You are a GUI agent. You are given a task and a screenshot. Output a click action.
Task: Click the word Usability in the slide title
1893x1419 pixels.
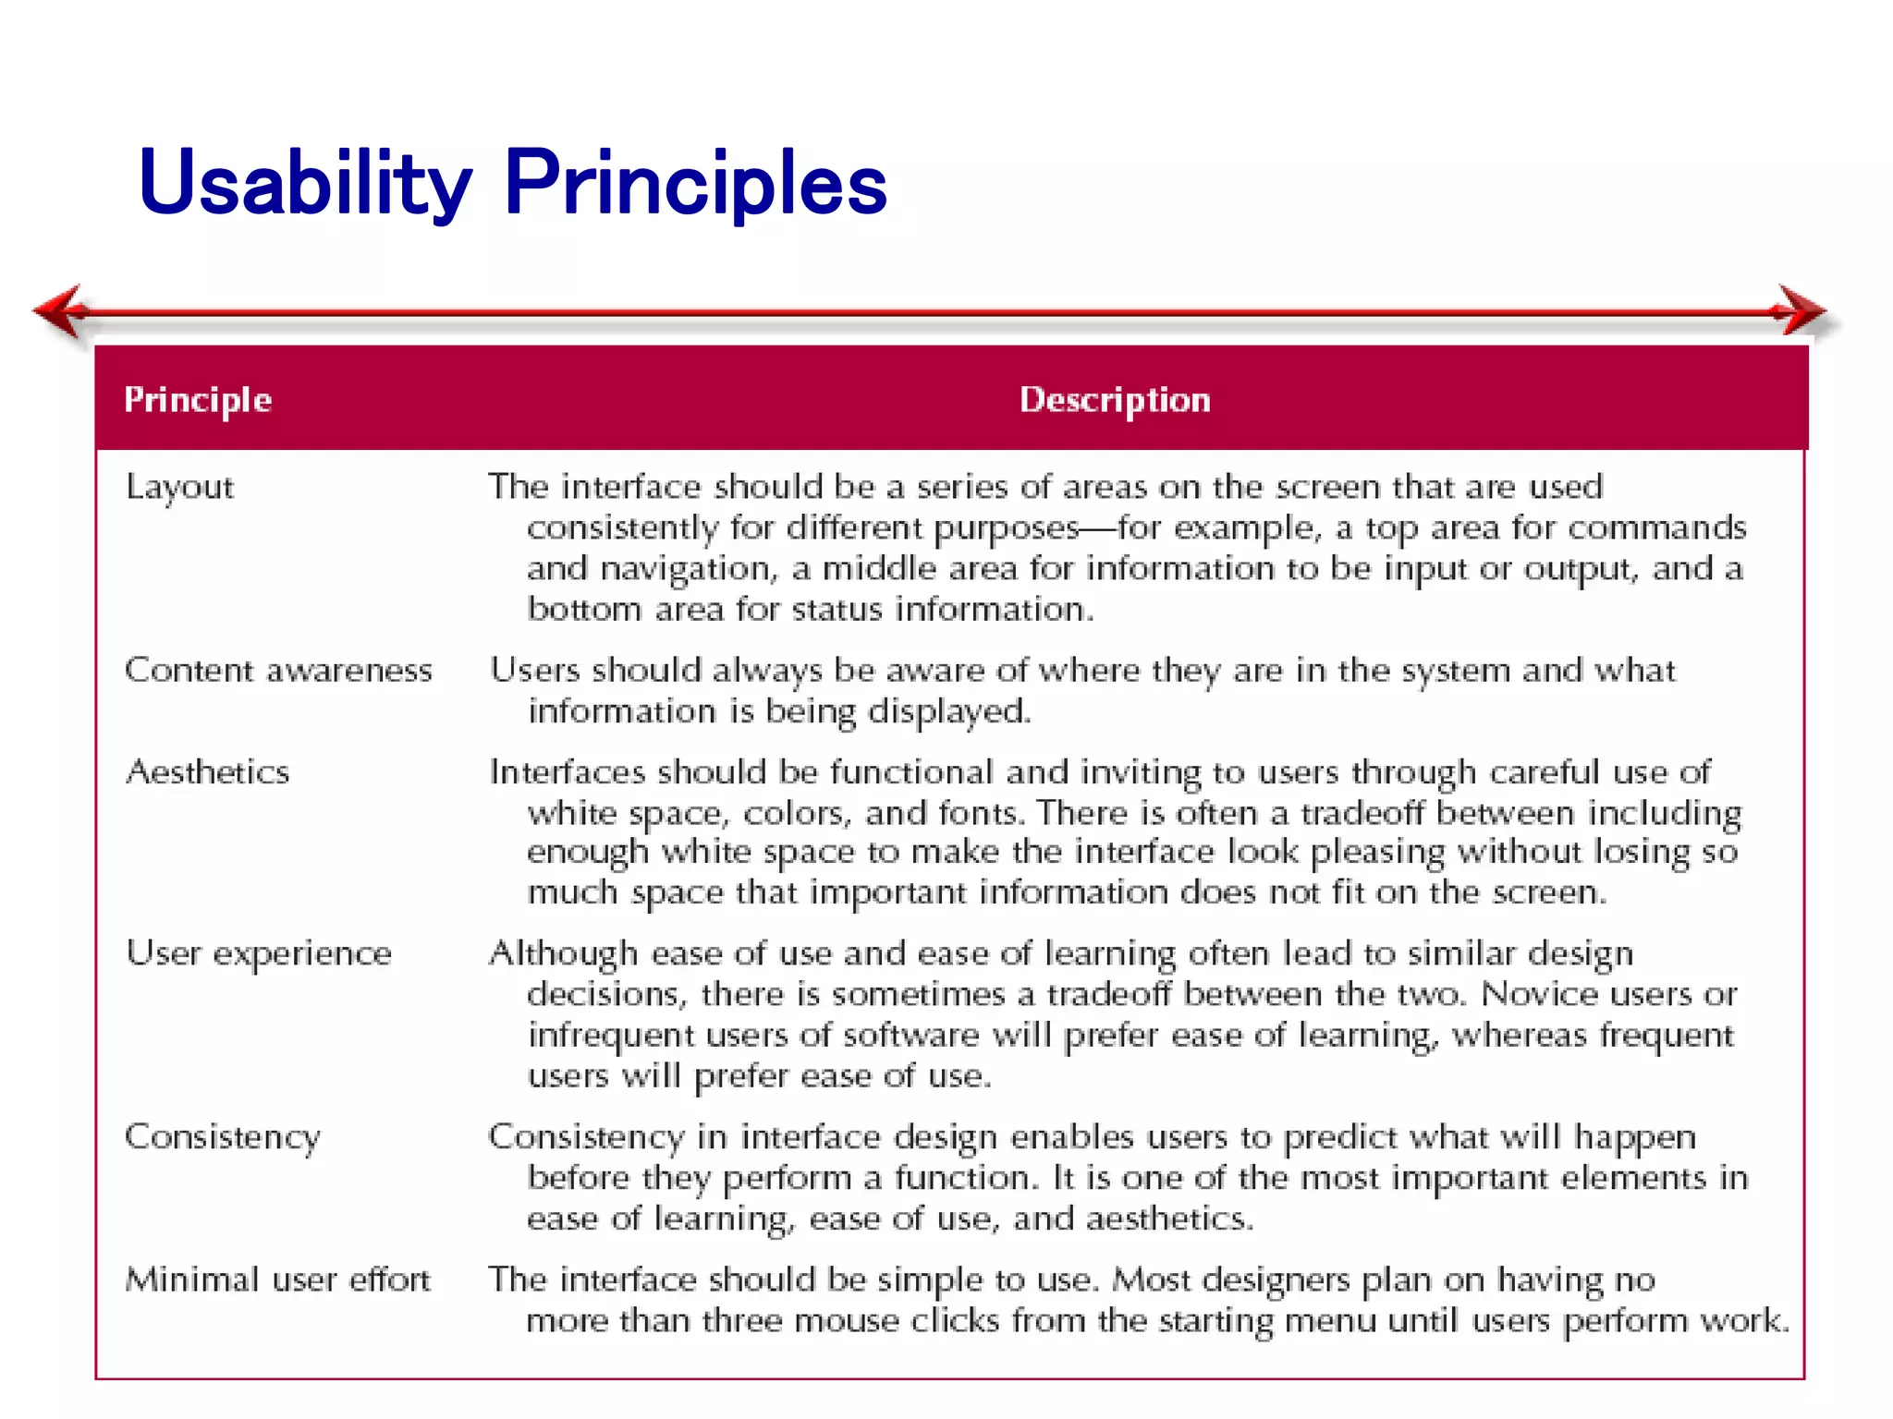click(x=305, y=183)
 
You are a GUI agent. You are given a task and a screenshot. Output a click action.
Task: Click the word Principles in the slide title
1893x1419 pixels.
click(x=695, y=183)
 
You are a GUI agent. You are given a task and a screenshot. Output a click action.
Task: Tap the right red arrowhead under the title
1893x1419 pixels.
click(x=1799, y=311)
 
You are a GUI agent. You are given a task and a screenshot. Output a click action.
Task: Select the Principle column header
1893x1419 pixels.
click(x=198, y=400)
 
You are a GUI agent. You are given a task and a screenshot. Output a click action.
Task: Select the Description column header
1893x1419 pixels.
click(x=1115, y=400)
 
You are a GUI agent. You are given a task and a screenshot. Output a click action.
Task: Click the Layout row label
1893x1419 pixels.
click(x=180, y=487)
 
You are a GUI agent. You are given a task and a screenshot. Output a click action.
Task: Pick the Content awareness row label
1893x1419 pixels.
click(x=278, y=670)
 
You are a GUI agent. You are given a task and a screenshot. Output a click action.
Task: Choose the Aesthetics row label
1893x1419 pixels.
click(x=208, y=771)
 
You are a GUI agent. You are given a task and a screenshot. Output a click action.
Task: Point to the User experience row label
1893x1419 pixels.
click(x=259, y=953)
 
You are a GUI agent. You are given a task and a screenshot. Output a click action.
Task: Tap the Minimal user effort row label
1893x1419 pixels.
click(x=277, y=1280)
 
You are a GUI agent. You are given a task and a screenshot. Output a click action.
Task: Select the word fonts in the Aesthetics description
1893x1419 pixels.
click(x=981, y=813)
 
